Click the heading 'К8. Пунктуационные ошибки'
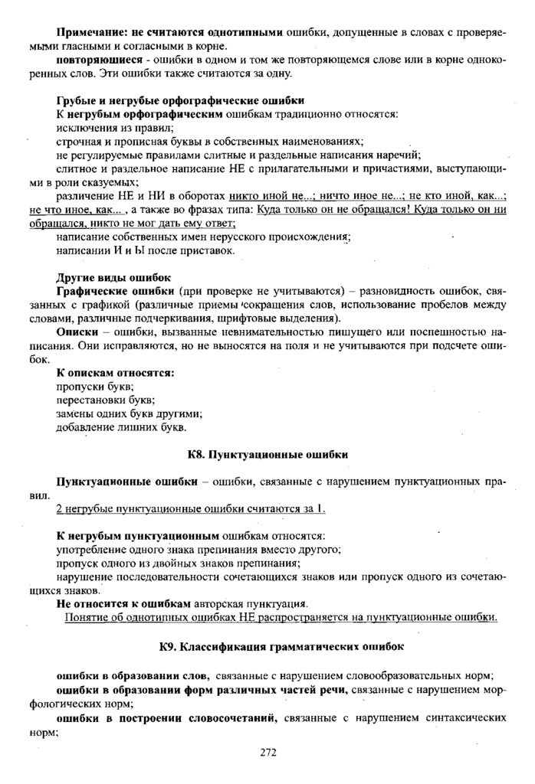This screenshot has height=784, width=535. click(x=267, y=454)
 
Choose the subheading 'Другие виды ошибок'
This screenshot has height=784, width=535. click(x=114, y=276)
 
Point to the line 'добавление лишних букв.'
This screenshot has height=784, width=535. click(x=121, y=427)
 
